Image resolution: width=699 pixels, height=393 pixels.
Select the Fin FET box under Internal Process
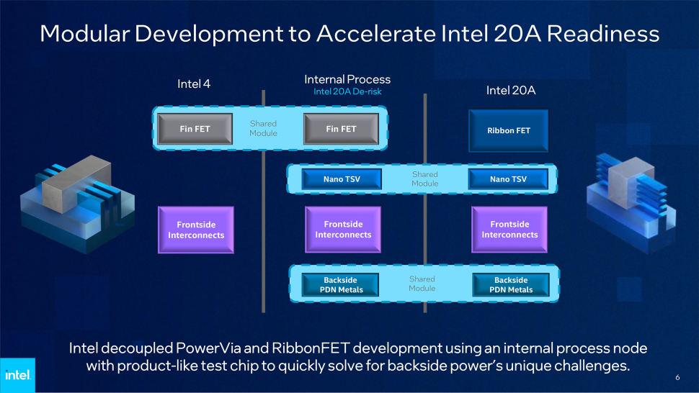(x=341, y=130)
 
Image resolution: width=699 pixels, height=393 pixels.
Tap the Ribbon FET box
(x=509, y=131)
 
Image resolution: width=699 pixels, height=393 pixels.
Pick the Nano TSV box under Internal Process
(x=341, y=179)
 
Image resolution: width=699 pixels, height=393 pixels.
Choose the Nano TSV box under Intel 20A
(x=508, y=179)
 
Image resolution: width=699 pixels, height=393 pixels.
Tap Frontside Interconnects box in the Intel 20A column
(x=509, y=230)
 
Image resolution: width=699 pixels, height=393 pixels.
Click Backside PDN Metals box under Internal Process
(x=341, y=285)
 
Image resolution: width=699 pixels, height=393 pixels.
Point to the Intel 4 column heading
(x=194, y=84)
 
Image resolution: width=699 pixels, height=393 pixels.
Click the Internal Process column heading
(x=347, y=79)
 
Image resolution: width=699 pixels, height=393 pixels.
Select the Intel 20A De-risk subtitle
(x=347, y=92)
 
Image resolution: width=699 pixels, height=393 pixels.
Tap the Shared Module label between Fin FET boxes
(x=263, y=128)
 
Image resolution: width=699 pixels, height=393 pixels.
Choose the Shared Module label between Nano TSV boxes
(x=424, y=179)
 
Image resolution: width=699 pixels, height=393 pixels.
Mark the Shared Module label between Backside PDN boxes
(x=422, y=284)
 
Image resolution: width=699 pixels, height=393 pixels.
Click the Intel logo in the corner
(x=17, y=375)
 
